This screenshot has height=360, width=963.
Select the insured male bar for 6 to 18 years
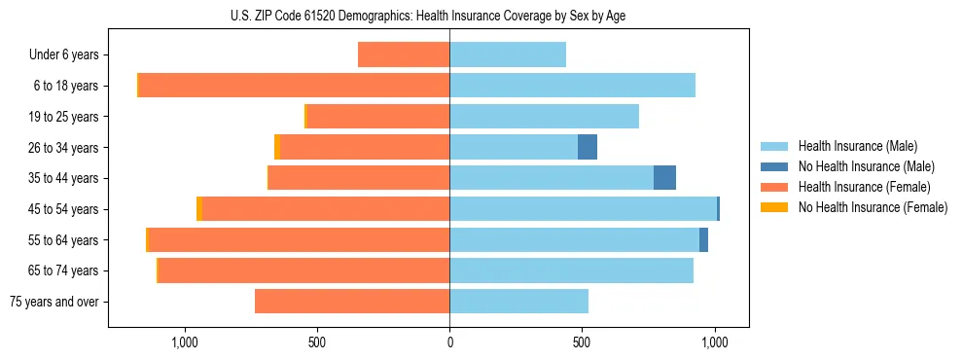coord(572,86)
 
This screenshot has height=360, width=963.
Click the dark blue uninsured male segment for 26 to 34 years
coord(588,147)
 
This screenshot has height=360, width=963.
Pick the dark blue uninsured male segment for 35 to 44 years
coord(664,178)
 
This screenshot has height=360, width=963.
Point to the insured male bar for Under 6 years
coord(508,54)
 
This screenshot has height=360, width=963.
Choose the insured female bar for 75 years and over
coord(352,302)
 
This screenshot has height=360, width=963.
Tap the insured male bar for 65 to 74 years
coord(571,270)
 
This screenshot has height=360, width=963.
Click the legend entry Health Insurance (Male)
coord(857,146)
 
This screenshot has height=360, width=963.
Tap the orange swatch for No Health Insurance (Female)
coord(775,207)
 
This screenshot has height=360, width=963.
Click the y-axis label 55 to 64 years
coord(64,240)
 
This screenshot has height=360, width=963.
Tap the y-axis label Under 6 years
coord(64,54)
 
